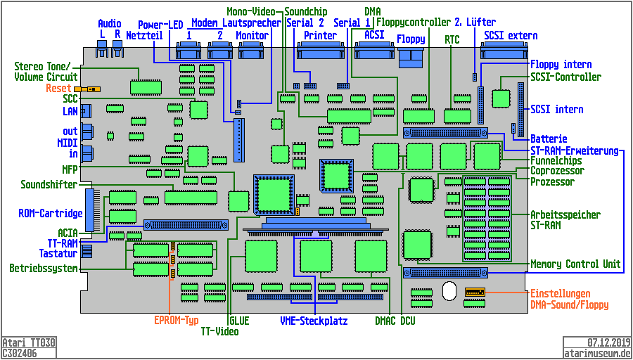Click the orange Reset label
[x=58, y=89]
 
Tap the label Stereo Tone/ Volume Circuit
[x=46, y=72]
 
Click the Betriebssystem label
[x=43, y=269]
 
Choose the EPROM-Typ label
[x=177, y=320]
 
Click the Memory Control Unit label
[x=575, y=264]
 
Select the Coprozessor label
[x=557, y=171]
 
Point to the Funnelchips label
[x=556, y=161]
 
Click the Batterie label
[x=549, y=139]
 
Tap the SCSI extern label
[x=511, y=36]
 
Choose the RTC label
[x=452, y=41]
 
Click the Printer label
[x=321, y=36]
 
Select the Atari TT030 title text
[x=29, y=342]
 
